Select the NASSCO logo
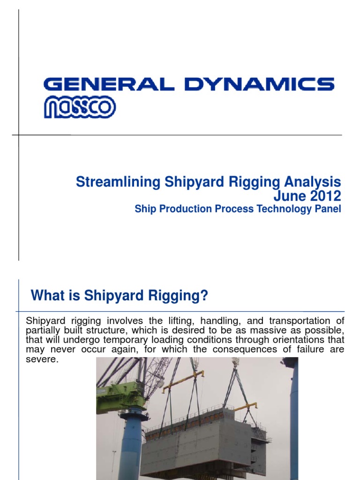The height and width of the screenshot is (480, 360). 80,107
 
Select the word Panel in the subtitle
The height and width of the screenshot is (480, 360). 328,209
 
